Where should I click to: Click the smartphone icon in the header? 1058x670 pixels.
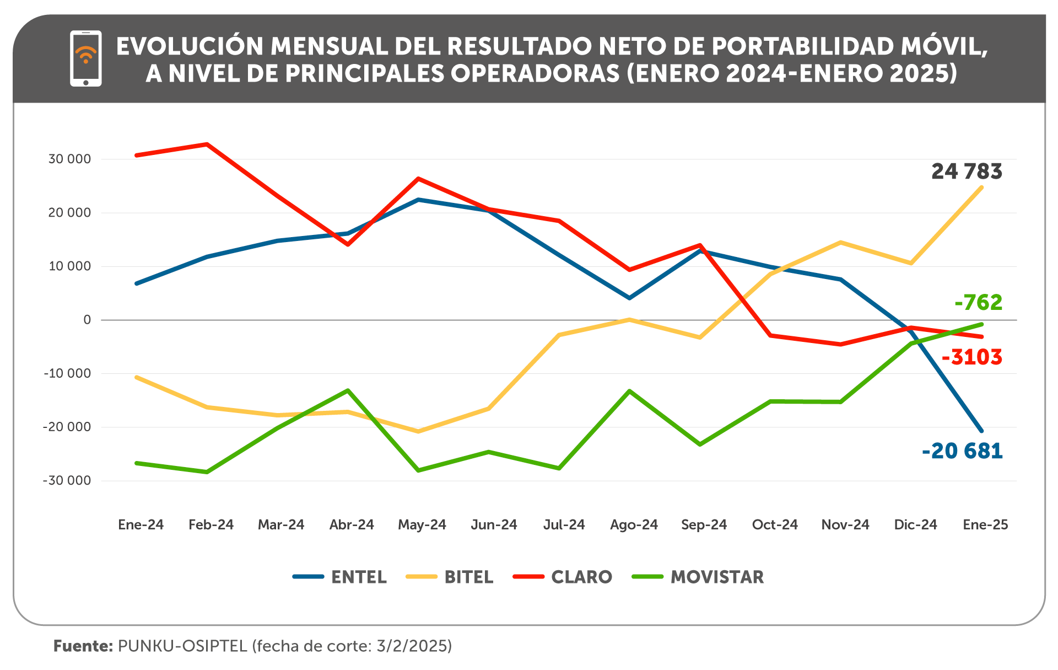pyautogui.click(x=85, y=58)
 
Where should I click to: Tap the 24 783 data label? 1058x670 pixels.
pyautogui.click(x=967, y=171)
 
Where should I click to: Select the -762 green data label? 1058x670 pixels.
pyautogui.click(x=978, y=303)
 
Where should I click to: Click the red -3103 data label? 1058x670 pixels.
pyautogui.click(x=971, y=357)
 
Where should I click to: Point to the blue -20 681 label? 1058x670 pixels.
pyautogui.click(x=962, y=451)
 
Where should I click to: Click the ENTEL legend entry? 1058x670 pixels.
pyautogui.click(x=339, y=577)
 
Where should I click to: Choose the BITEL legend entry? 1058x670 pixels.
pyautogui.click(x=449, y=577)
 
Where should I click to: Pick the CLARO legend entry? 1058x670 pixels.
pyautogui.click(x=562, y=577)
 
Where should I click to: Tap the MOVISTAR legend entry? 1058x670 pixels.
pyautogui.click(x=698, y=577)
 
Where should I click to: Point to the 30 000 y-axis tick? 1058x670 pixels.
pyautogui.click(x=69, y=159)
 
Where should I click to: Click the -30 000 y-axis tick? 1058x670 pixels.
pyautogui.click(x=67, y=481)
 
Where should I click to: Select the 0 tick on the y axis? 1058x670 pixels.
pyautogui.click(x=87, y=320)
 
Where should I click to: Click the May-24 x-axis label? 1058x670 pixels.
pyautogui.click(x=422, y=524)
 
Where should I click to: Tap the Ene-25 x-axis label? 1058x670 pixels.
pyautogui.click(x=985, y=524)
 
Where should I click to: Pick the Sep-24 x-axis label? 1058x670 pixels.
pyautogui.click(x=704, y=524)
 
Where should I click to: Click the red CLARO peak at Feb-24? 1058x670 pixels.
pyautogui.click(x=207, y=144)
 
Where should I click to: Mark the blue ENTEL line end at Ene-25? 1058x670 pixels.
pyautogui.click(x=981, y=431)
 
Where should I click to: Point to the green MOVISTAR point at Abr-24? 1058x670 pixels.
pyautogui.click(x=348, y=390)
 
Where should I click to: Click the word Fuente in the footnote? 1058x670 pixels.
pyautogui.click(x=83, y=646)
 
